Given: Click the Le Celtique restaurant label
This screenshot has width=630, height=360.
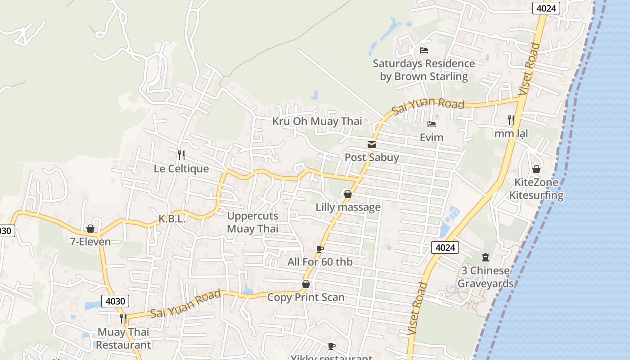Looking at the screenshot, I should pos(181,169).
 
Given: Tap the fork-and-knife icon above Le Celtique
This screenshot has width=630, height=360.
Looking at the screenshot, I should pos(181,155).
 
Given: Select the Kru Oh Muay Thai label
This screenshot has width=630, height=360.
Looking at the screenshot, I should pos(317,121).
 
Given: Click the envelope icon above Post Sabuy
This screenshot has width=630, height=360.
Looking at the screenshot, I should pos(372,144).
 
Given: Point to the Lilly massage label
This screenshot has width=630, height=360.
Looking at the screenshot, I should pos(348,207).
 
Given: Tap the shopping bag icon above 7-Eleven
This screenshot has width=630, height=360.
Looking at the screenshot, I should pos(90,229).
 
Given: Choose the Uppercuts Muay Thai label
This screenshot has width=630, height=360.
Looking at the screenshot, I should pos(252,222).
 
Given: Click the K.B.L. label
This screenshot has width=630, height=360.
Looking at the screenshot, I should pos(172,219).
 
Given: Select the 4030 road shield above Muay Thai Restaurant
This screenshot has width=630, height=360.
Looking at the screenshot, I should pos(115,301).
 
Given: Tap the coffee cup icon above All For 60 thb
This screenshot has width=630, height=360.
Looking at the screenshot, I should pos(320,249).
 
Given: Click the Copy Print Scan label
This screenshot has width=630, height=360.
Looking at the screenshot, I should pos(306,297).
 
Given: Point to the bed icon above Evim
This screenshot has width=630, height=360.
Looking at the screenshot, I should pos(432,124).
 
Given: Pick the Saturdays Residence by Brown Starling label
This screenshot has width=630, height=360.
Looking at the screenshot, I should pos(423,70).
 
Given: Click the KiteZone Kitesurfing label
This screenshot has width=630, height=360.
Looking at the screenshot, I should pos(536,189).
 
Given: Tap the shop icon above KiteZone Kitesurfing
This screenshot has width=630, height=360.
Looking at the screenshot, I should pos(536,169).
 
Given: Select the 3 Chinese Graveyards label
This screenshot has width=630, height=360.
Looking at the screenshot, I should pos(486,277).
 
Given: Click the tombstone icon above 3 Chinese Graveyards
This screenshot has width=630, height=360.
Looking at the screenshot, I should pos(485,257).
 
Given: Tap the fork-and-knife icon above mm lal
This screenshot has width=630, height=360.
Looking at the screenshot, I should pos(511,120).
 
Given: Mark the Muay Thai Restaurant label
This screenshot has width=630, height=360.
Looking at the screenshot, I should pos(123,338).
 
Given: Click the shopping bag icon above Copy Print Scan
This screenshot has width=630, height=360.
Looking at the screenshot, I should pos(306,284).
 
